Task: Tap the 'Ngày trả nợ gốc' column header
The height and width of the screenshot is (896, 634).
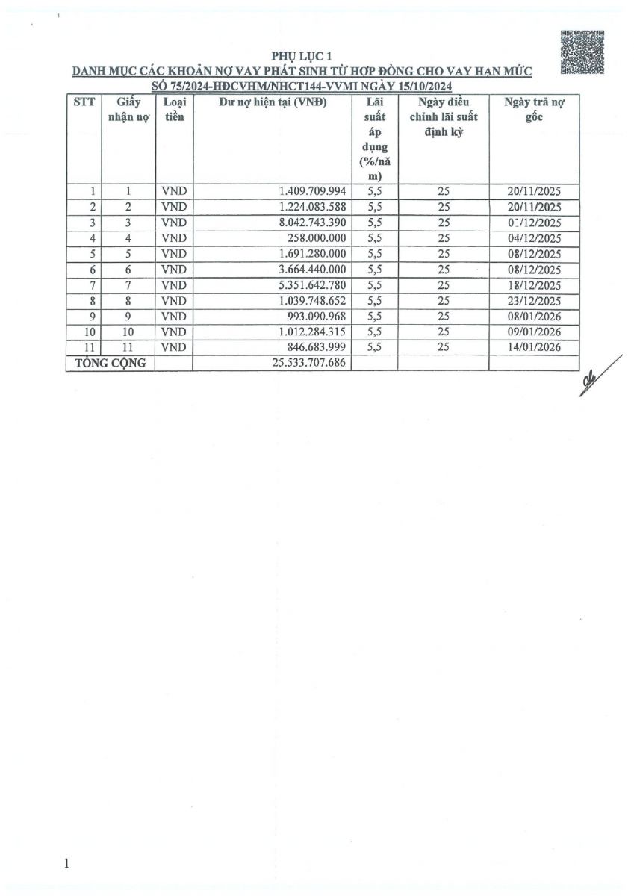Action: [x=533, y=111]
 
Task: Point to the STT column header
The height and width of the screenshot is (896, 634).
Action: [x=84, y=103]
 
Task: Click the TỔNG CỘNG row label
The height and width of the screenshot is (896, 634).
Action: [x=110, y=363]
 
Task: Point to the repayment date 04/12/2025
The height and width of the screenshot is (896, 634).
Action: [x=533, y=238]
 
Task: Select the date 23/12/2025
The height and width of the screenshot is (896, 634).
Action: [x=533, y=300]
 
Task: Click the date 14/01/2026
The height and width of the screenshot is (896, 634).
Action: [x=533, y=347]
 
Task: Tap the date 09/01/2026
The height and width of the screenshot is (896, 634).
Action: [x=533, y=332]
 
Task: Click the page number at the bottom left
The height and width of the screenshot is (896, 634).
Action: [x=67, y=864]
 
